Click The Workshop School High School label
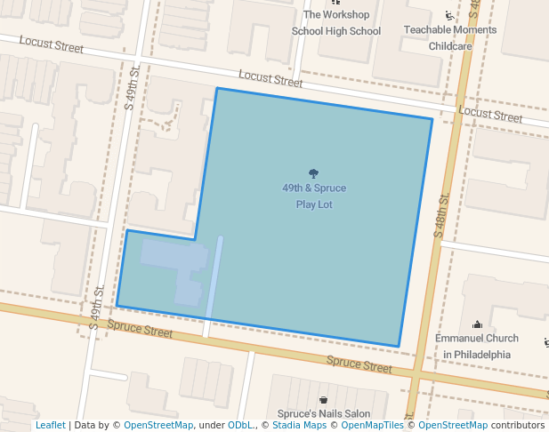pyautogui.click(x=335, y=23)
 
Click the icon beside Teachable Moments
pyautogui.click(x=448, y=16)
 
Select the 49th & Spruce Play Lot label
pyautogui.click(x=314, y=196)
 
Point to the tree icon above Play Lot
pyautogui.click(x=313, y=173)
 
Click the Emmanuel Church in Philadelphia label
pyautogui.click(x=476, y=346)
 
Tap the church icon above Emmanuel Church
pyautogui.click(x=477, y=324)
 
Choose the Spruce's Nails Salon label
pyautogui.click(x=323, y=414)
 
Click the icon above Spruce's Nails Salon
pyautogui.click(x=323, y=400)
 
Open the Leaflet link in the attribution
pyautogui.click(x=51, y=426)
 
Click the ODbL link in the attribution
pyautogui.click(x=239, y=426)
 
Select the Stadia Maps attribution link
pyautogui.click(x=298, y=426)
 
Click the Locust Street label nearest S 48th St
pyautogui.click(x=490, y=116)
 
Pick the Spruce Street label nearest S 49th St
pyautogui.click(x=140, y=329)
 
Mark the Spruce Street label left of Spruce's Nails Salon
pyautogui.click(x=359, y=364)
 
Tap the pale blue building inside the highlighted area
pyautogui.click(x=182, y=268)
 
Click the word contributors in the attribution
pyautogui.click(x=518, y=426)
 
